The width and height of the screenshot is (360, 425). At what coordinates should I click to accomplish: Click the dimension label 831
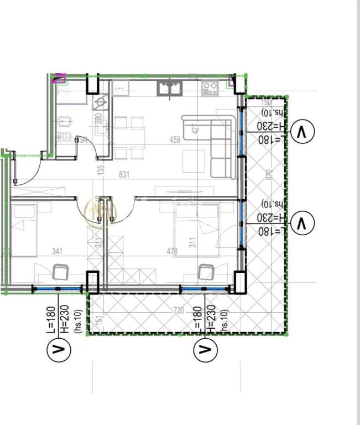(124, 174)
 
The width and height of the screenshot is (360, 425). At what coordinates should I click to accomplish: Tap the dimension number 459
(175, 140)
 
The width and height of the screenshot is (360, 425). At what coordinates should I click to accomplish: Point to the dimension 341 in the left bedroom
(57, 251)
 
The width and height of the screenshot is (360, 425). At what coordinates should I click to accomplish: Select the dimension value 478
(173, 251)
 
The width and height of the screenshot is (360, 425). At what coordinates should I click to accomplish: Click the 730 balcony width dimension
(178, 310)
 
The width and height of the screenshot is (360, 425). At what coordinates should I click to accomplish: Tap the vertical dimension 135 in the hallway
(101, 170)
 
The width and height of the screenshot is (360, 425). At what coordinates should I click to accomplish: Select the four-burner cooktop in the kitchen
(209, 87)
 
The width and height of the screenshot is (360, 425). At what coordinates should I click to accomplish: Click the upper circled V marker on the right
(302, 132)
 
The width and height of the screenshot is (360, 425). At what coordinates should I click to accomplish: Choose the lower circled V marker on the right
(302, 224)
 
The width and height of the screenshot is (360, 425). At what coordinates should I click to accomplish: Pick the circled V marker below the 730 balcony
(205, 349)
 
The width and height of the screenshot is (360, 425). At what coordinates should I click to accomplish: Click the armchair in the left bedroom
(60, 273)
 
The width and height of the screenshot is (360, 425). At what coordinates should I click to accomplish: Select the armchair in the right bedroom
(206, 273)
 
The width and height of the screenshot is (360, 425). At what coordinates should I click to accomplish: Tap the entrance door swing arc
(30, 169)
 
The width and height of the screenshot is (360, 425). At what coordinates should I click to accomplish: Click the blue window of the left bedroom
(58, 289)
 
